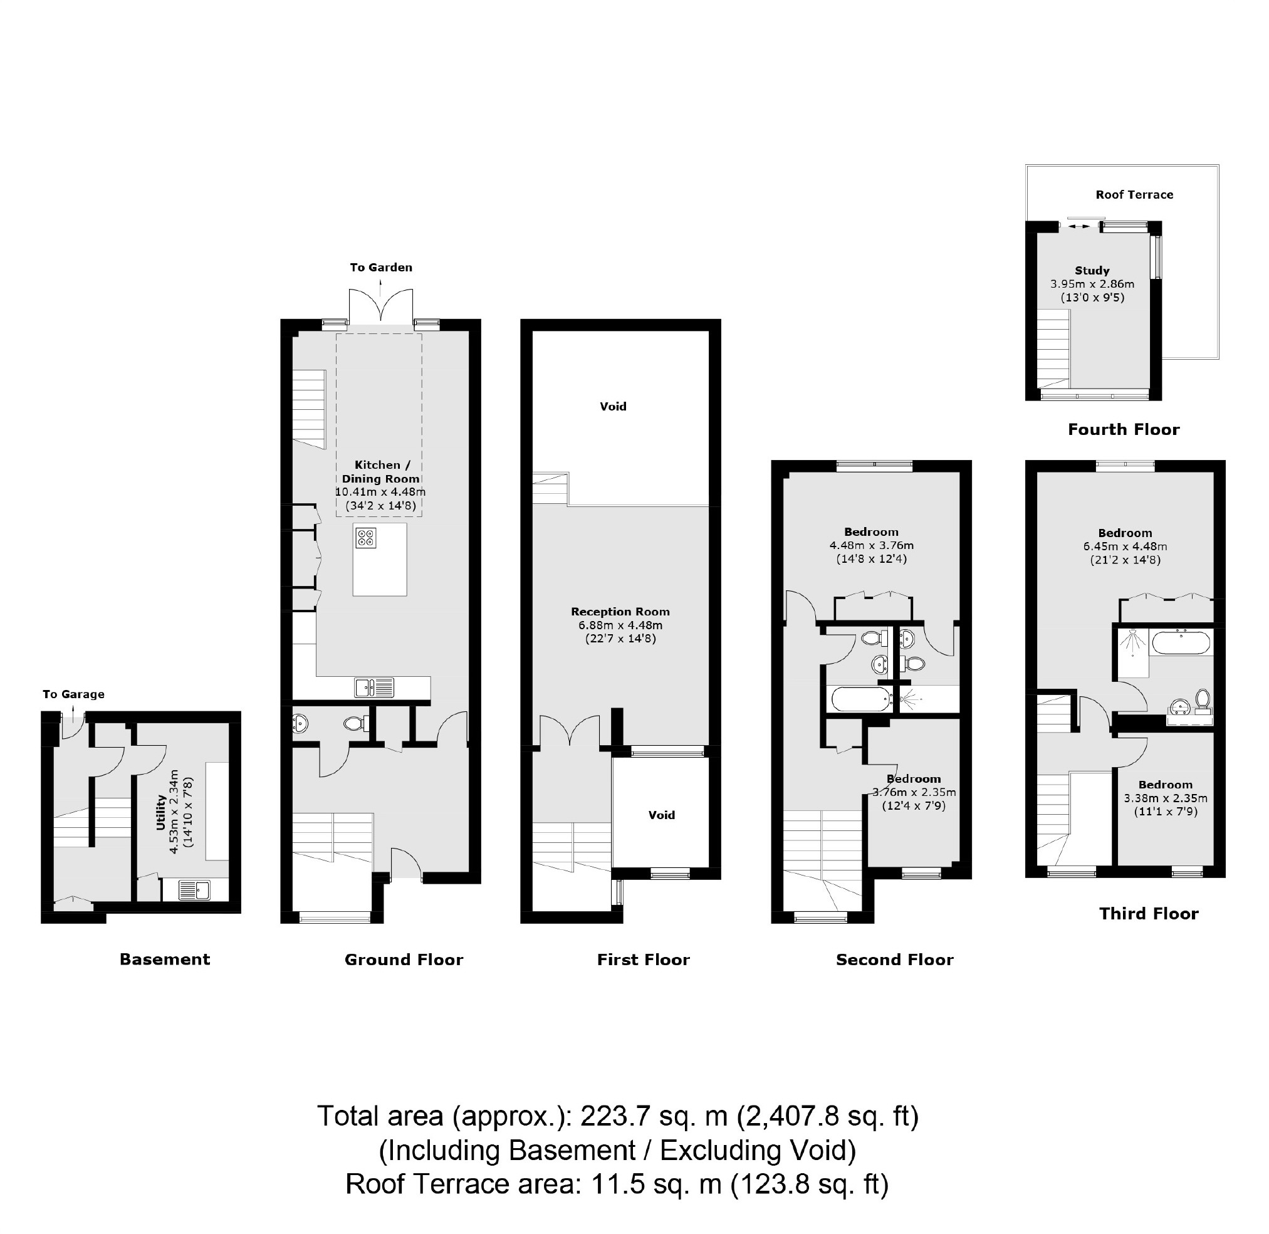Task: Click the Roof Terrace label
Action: (1134, 194)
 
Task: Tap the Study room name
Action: (1092, 270)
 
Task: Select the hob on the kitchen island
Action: (365, 537)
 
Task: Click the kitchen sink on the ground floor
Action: (374, 687)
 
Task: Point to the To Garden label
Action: (381, 267)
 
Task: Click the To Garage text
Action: (73, 694)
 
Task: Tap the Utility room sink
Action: (194, 890)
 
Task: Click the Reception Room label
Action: (620, 611)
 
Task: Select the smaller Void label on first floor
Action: (662, 815)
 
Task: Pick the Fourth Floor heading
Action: (1124, 429)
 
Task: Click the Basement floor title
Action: (165, 959)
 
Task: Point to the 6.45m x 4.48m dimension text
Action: (1125, 546)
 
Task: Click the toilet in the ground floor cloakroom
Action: (356, 723)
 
